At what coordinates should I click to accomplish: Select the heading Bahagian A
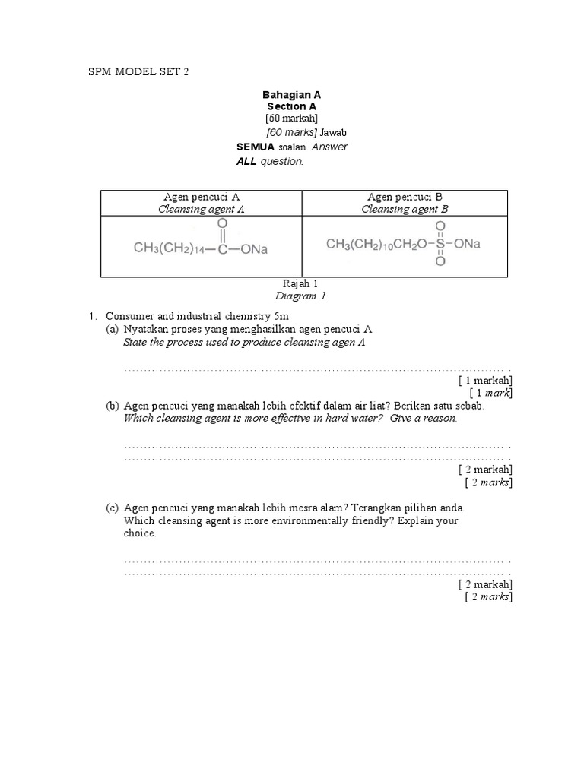pos(292,95)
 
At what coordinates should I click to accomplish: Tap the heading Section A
pos(292,107)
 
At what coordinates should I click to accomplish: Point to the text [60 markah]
pos(292,119)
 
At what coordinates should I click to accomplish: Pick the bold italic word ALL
pos(247,162)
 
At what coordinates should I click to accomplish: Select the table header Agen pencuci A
pos(202,197)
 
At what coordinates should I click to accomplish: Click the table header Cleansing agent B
pos(404,209)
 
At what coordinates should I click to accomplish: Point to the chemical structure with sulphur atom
pos(404,244)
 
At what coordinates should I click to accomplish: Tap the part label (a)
pos(113,329)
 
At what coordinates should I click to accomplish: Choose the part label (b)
pos(113,406)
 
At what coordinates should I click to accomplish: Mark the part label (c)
pos(113,508)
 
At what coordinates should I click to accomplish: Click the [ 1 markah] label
pos(485,380)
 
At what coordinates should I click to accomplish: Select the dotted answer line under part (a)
pos(317,368)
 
